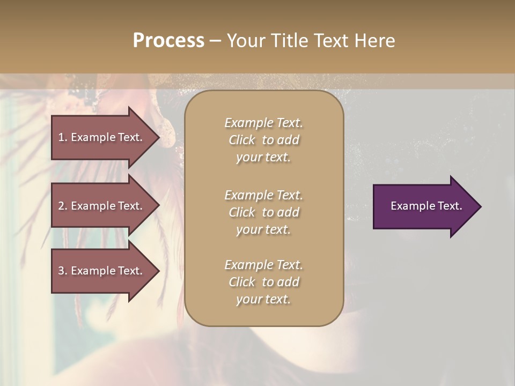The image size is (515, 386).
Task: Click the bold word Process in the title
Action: pos(168,41)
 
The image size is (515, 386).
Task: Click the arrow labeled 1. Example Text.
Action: pos(102,137)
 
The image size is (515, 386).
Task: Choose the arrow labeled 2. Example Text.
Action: pos(102,206)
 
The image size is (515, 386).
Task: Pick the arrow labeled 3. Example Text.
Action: pos(102,271)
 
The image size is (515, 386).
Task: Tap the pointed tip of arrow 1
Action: pos(158,137)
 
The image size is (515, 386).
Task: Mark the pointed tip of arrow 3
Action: pos(158,271)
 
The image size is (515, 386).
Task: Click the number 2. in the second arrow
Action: pos(63,206)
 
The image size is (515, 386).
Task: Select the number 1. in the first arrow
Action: pos(62,137)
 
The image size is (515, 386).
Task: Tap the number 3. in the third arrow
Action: pos(63,271)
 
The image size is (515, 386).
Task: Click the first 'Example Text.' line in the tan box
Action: pos(263,123)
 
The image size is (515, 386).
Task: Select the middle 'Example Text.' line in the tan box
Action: pos(263,195)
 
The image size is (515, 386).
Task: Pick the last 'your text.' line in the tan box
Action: pos(263,299)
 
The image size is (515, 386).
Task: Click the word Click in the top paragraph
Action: pos(242,140)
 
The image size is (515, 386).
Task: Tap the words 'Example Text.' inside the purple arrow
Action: pos(426,206)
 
